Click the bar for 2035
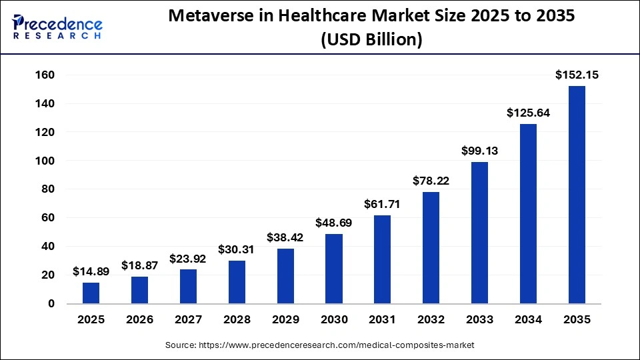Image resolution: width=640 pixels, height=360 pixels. click(577, 195)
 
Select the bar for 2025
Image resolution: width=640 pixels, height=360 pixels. click(91, 293)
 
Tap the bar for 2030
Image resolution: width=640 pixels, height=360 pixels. click(334, 269)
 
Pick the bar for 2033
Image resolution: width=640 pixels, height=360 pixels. click(479, 233)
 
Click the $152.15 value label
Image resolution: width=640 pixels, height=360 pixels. click(577, 75)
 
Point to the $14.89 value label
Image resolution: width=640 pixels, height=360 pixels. click(91, 272)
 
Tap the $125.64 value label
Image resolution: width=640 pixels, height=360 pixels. click(528, 113)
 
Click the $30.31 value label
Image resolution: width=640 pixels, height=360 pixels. click(237, 249)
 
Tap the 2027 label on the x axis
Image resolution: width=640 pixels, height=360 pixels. click(188, 320)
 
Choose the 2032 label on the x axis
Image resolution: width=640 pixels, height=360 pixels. click(431, 320)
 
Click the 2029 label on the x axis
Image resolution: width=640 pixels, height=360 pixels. click(285, 320)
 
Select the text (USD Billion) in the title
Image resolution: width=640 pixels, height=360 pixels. click(371, 39)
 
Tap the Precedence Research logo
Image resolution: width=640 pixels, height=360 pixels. click(57, 27)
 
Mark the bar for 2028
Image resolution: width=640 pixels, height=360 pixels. click(237, 282)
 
